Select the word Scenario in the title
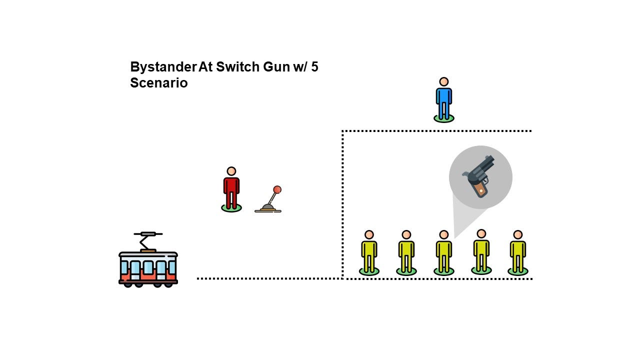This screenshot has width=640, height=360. pyautogui.click(x=158, y=83)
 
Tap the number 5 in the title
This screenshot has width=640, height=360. pyautogui.click(x=314, y=67)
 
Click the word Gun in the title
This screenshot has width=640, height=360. pyautogui.click(x=277, y=67)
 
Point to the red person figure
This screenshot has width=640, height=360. pyautogui.click(x=231, y=190)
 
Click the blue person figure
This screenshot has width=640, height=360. pyautogui.click(x=443, y=100)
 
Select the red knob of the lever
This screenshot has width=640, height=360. pyautogui.click(x=277, y=189)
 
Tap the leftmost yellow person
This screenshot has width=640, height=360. pyautogui.click(x=369, y=253)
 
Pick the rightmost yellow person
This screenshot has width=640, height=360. pyautogui.click(x=517, y=253)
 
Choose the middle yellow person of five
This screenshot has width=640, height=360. pyautogui.click(x=443, y=253)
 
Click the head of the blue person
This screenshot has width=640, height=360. pyautogui.click(x=443, y=81)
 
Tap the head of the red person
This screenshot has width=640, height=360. pyautogui.click(x=231, y=171)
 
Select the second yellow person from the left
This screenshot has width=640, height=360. pyautogui.click(x=406, y=253)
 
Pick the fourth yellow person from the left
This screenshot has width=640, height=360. pyautogui.click(x=481, y=252)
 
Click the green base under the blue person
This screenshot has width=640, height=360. pyautogui.click(x=443, y=118)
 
